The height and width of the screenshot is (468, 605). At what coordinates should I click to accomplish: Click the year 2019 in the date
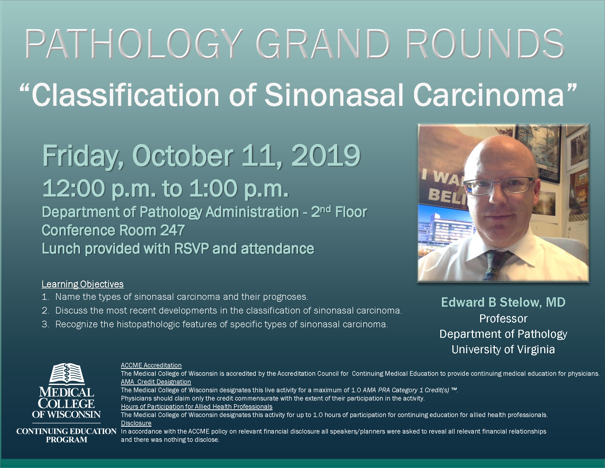click(x=326, y=156)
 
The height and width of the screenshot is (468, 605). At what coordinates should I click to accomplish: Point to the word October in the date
click(x=183, y=156)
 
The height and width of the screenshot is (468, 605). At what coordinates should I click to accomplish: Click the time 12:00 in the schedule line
click(x=74, y=188)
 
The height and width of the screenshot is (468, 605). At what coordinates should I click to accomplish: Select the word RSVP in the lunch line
click(x=191, y=248)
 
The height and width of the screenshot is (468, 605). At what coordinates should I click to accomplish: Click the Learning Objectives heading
click(x=82, y=284)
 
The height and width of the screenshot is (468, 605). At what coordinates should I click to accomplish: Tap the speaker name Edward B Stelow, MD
click(x=503, y=302)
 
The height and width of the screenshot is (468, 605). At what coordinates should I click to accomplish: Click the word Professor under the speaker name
click(x=503, y=319)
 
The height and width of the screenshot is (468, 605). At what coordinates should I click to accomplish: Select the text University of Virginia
click(x=503, y=349)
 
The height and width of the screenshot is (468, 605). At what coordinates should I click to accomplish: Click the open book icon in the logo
click(x=67, y=374)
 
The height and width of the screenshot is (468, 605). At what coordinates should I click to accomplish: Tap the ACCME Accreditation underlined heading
click(x=151, y=365)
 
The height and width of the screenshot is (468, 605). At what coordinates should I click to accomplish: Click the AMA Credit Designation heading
click(x=156, y=382)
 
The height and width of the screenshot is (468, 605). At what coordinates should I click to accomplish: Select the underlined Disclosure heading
click(x=136, y=423)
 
